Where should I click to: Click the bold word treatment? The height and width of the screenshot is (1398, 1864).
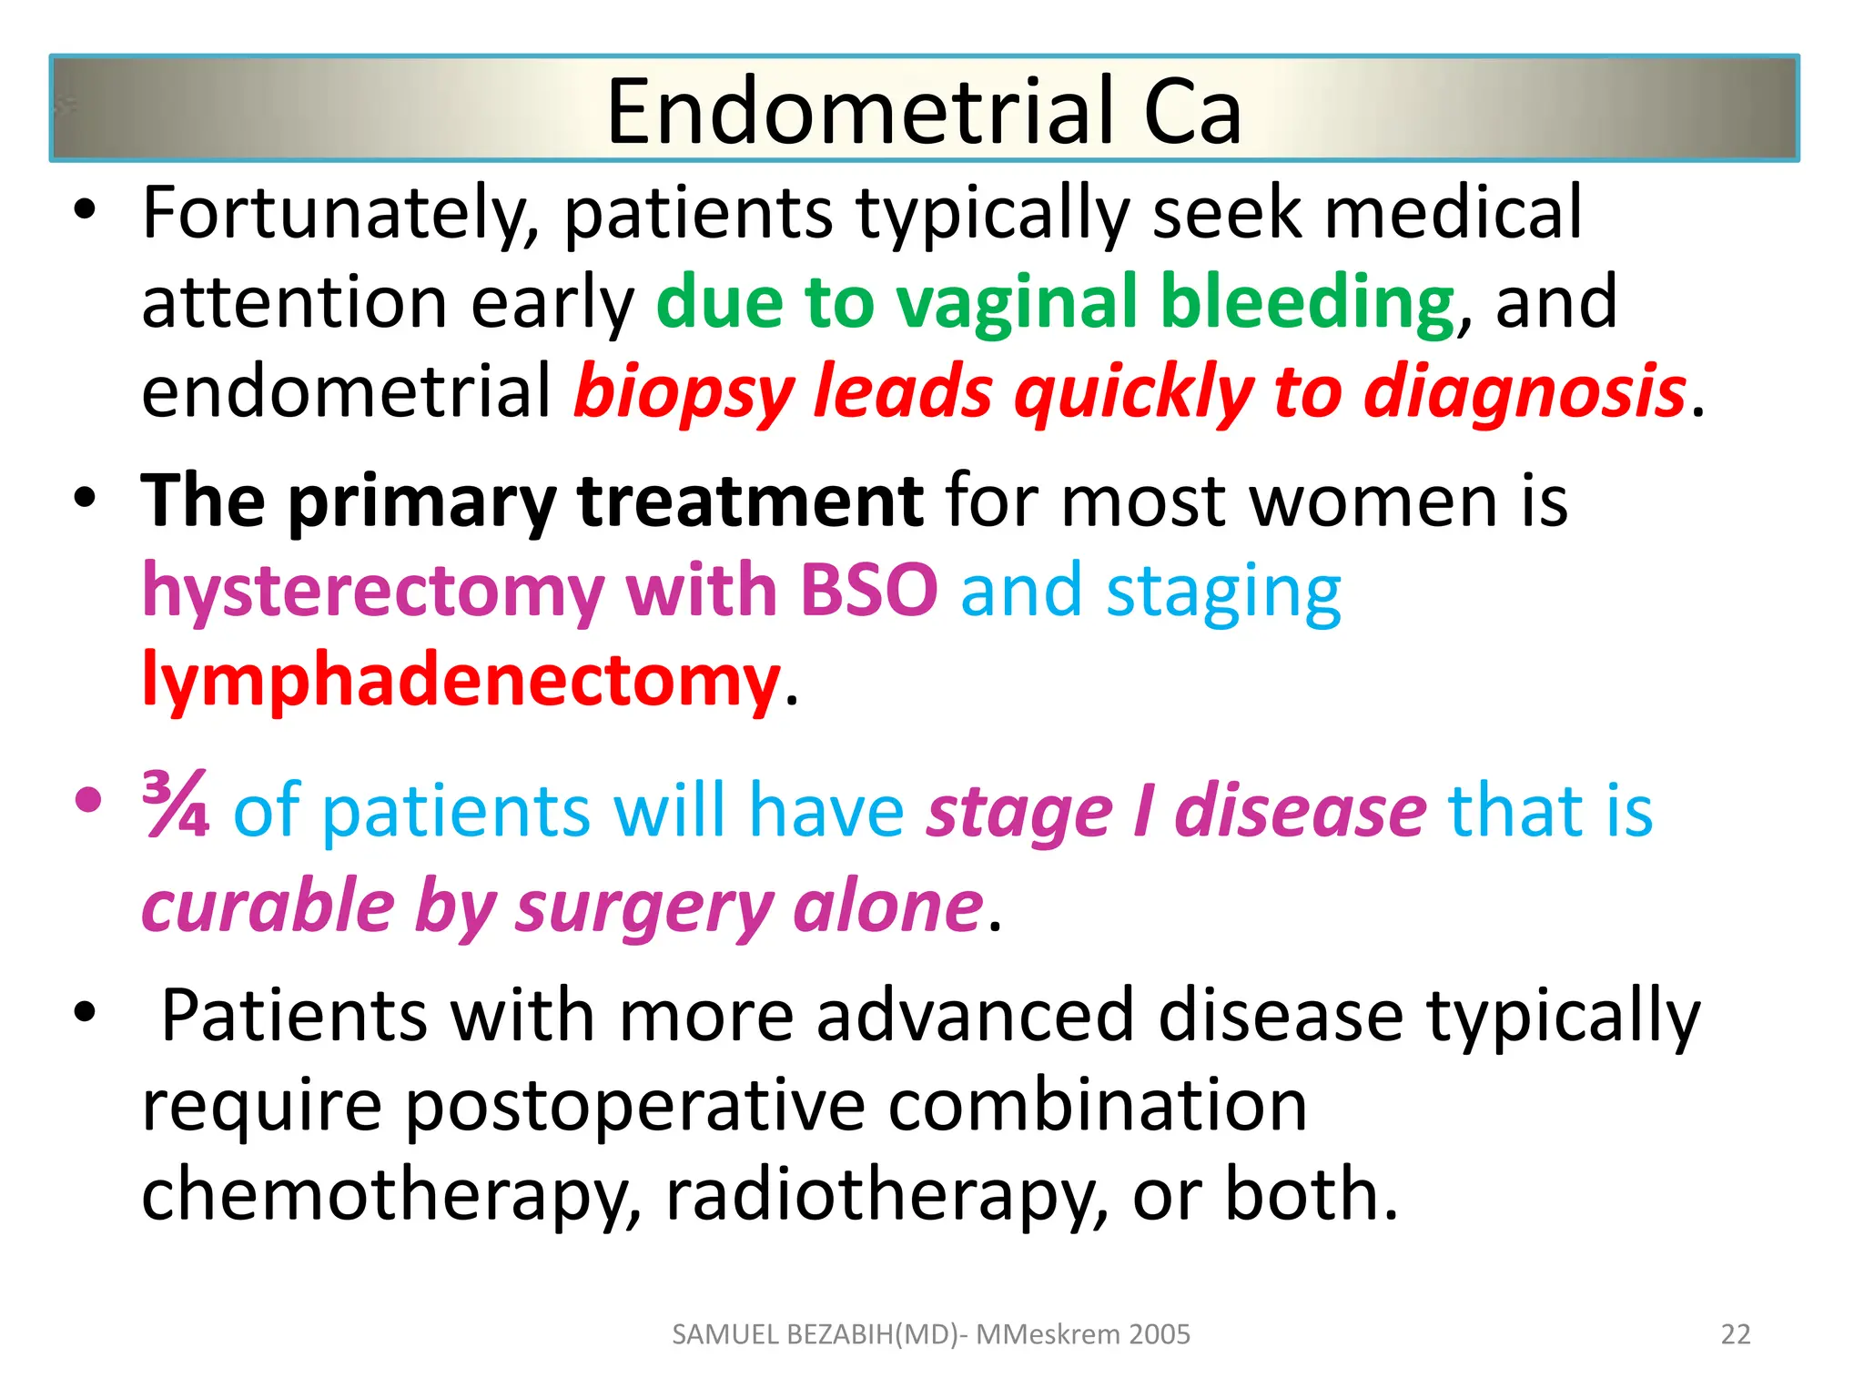[x=750, y=502]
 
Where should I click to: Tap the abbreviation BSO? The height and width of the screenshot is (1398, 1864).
[x=868, y=591]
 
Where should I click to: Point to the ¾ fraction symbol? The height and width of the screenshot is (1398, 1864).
[x=176, y=805]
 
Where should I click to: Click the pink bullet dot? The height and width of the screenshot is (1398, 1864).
[x=87, y=801]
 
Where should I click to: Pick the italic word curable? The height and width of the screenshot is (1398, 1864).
[x=268, y=907]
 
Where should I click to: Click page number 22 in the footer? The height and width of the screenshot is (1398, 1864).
[x=1735, y=1334]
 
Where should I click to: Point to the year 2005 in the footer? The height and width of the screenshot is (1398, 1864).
[x=1159, y=1334]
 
